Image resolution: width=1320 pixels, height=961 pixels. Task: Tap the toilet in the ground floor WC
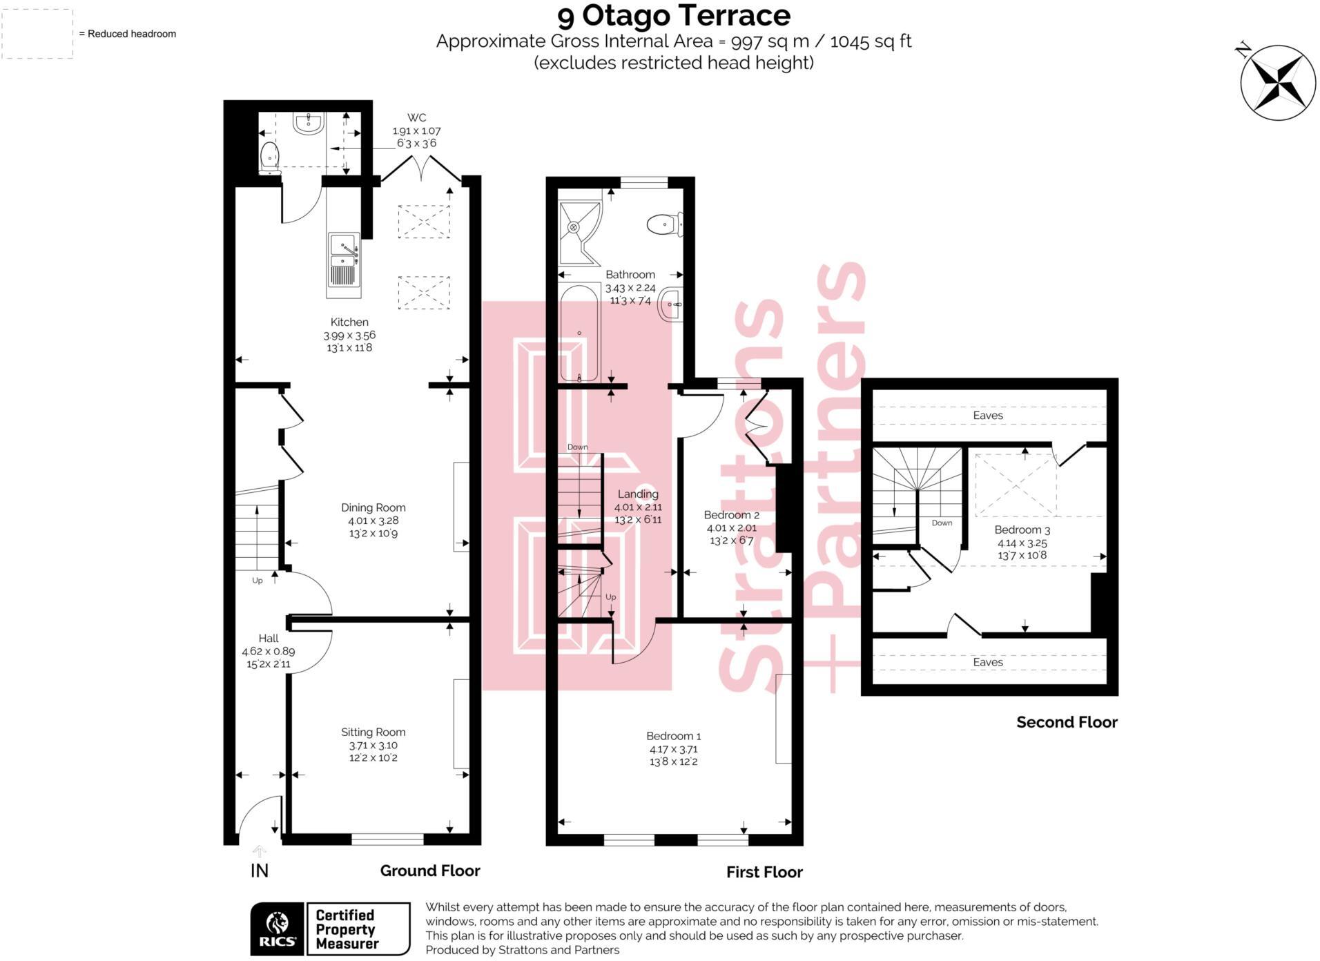269,157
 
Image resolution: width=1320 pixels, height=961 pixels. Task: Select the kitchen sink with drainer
344,264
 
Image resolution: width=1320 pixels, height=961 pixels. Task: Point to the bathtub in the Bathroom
579,333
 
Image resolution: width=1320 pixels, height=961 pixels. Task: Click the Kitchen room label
349,322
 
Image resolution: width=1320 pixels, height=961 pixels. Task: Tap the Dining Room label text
373,507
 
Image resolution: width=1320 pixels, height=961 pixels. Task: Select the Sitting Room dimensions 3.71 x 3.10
373,746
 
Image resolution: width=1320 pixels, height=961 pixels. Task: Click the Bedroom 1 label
673,736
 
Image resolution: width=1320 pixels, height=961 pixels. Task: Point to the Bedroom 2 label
731,515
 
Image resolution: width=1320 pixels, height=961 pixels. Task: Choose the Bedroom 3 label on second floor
1022,530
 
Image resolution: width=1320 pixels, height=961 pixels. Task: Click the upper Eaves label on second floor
987,416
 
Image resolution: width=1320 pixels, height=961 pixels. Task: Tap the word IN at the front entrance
260,871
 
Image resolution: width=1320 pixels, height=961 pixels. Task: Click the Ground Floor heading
429,871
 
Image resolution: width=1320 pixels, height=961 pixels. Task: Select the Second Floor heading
1066,723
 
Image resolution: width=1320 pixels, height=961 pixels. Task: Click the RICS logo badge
278,929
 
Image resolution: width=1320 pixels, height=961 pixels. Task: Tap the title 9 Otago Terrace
674,15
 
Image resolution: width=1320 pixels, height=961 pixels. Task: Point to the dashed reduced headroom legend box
37,33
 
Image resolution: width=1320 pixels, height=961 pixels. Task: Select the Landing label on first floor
637,494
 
